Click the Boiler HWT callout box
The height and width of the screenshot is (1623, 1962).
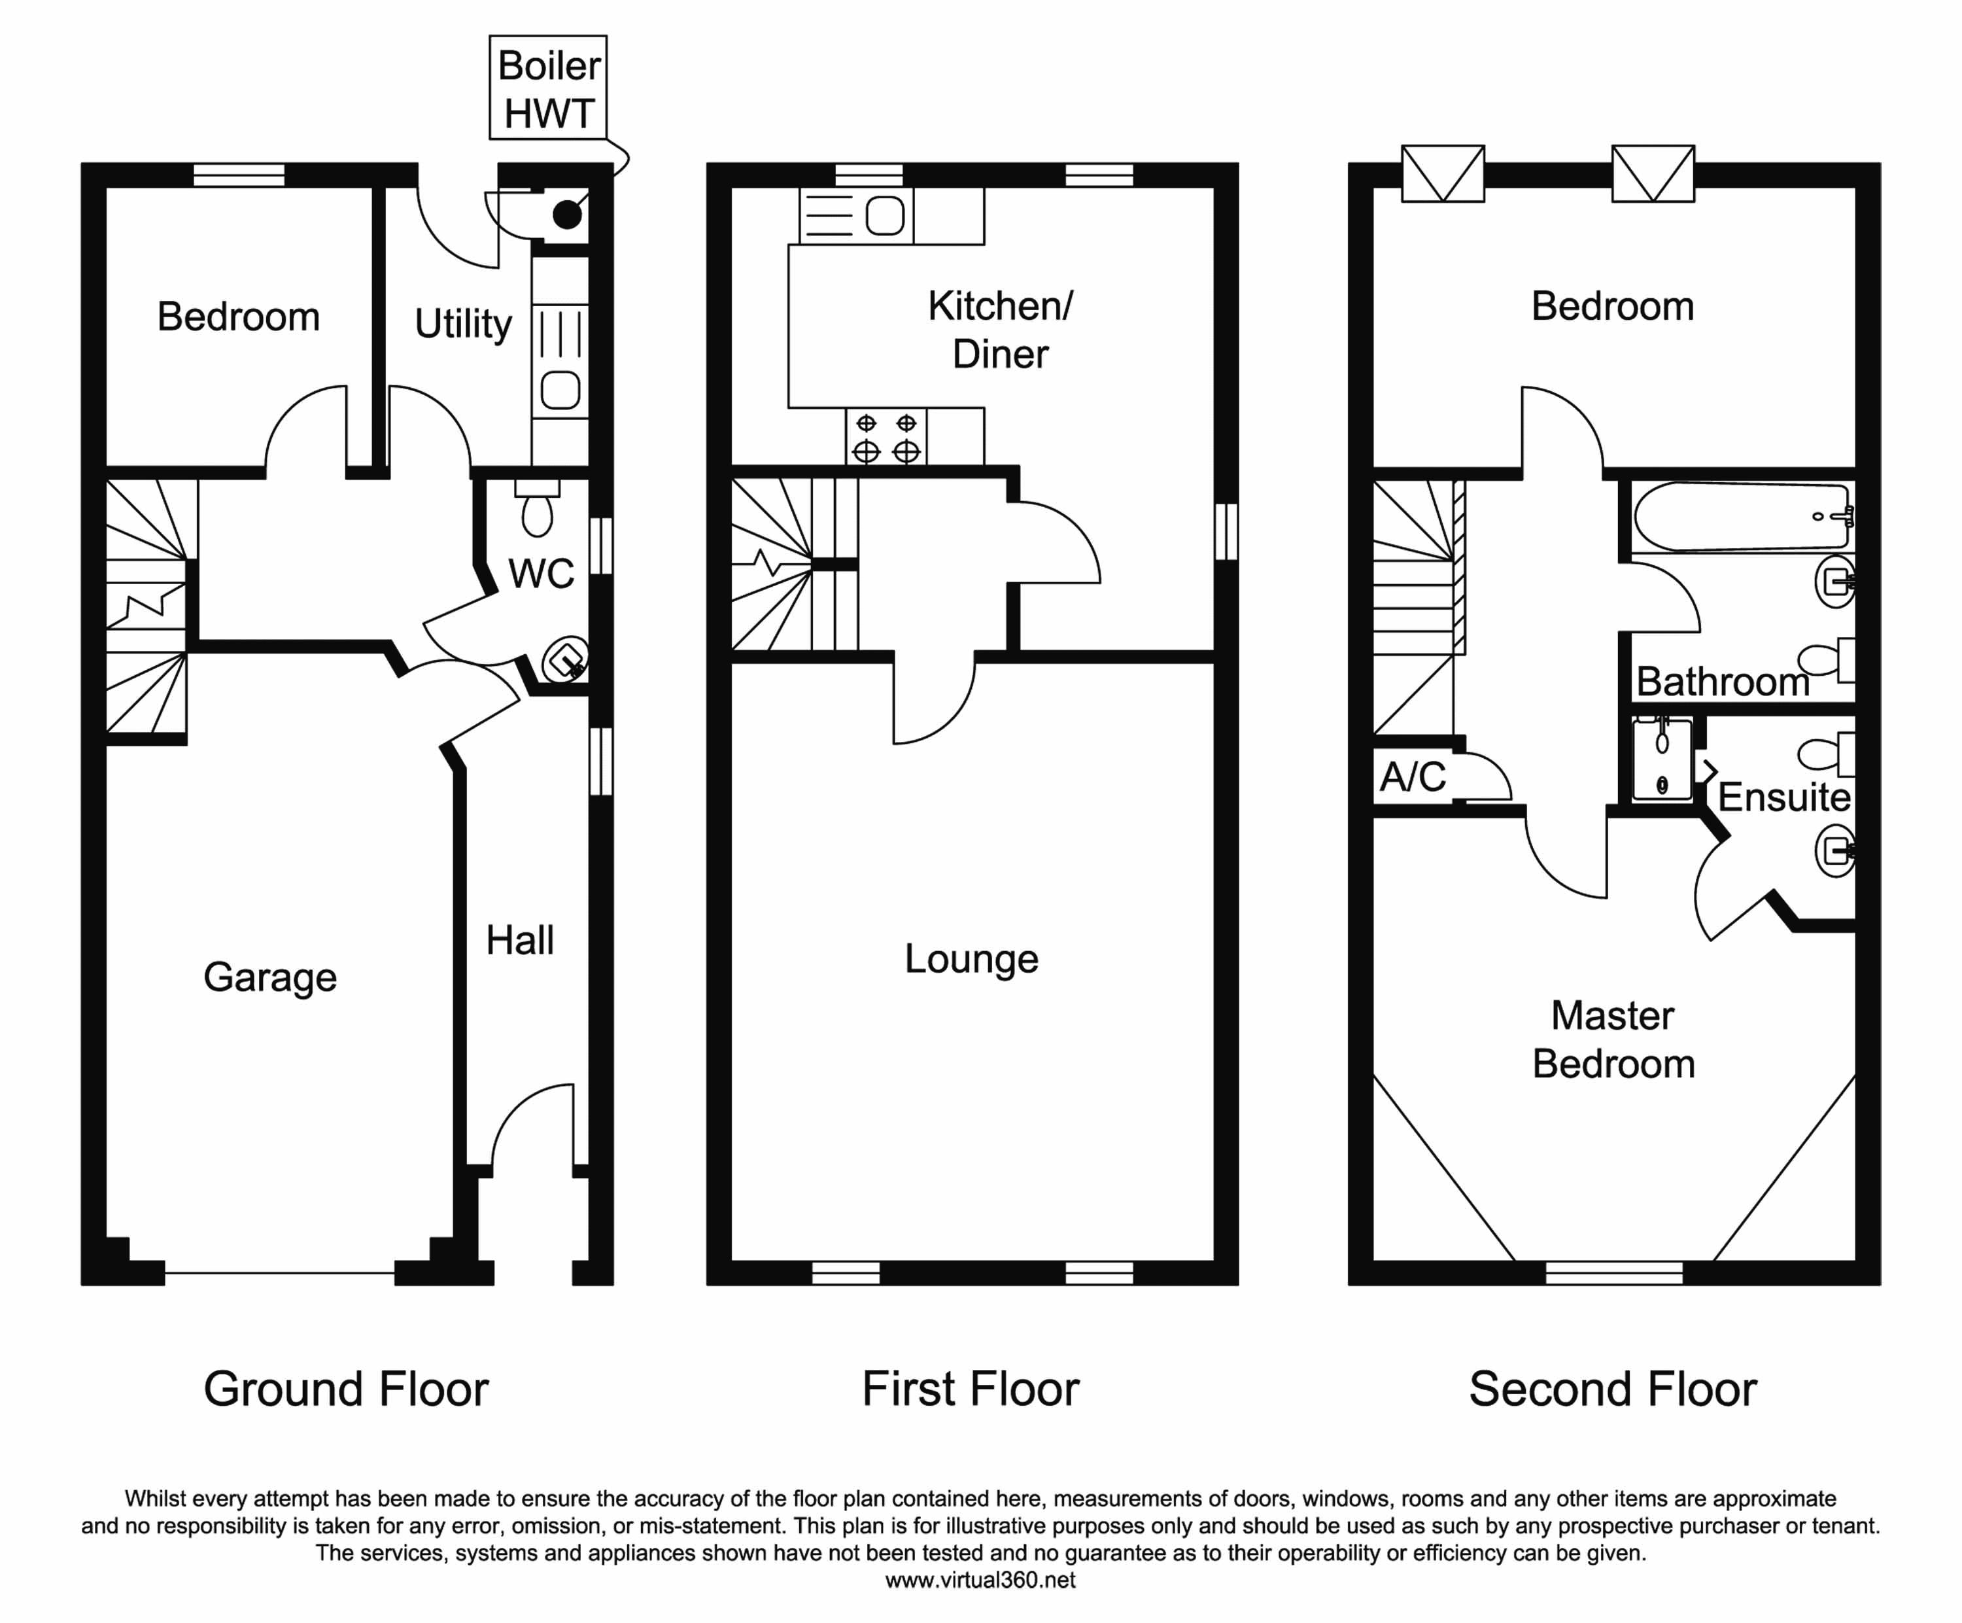pyautogui.click(x=549, y=88)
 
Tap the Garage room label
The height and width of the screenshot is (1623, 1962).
pyautogui.click(x=270, y=978)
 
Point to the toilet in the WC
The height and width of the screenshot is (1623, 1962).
pyautogui.click(x=537, y=508)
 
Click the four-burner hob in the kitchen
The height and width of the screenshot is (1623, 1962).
pyautogui.click(x=887, y=436)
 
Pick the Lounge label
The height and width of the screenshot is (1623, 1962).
pyautogui.click(x=972, y=958)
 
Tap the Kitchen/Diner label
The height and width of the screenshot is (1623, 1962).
pyautogui.click(x=1001, y=330)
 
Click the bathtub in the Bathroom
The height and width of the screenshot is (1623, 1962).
pyautogui.click(x=1742, y=517)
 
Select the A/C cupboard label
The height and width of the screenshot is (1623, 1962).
pyautogui.click(x=1413, y=777)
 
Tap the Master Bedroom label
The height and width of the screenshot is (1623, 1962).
pyautogui.click(x=1613, y=1040)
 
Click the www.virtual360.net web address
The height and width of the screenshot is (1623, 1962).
pyautogui.click(x=980, y=1580)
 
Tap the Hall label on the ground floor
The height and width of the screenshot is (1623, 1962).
pyautogui.click(x=519, y=940)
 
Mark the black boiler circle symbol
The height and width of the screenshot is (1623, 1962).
pyautogui.click(x=567, y=216)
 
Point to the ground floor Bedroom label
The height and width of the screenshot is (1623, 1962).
pyautogui.click(x=238, y=317)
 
